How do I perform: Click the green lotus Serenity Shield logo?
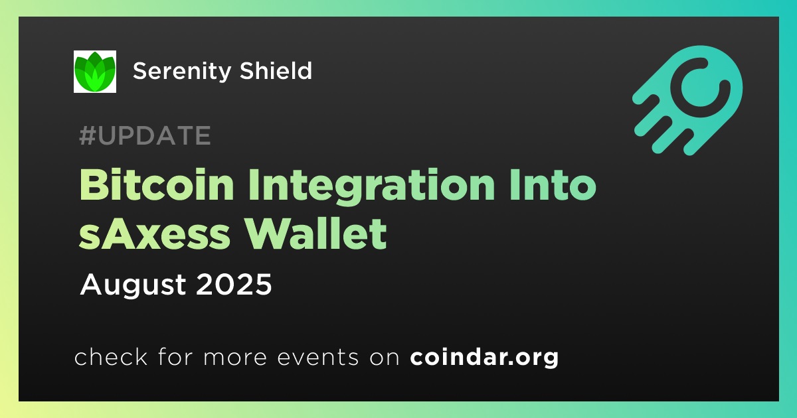pyautogui.click(x=94, y=72)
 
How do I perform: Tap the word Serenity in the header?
pyautogui.click(x=182, y=72)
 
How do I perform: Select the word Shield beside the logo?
pyautogui.click(x=276, y=70)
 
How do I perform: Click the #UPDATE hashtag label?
pyautogui.click(x=145, y=135)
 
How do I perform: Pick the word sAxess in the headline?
pyautogui.click(x=155, y=234)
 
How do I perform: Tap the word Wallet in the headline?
pyautogui.click(x=320, y=234)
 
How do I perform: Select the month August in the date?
pyautogui.click(x=133, y=285)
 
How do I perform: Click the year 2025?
pyautogui.click(x=234, y=284)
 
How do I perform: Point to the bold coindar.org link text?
pyautogui.click(x=484, y=358)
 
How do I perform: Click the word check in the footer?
pyautogui.click(x=111, y=356)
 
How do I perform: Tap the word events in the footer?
pyautogui.click(x=317, y=357)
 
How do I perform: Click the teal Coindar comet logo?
pyautogui.click(x=688, y=100)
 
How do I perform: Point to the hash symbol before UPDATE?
pyautogui.click(x=88, y=135)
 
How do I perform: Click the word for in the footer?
pyautogui.click(x=175, y=356)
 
